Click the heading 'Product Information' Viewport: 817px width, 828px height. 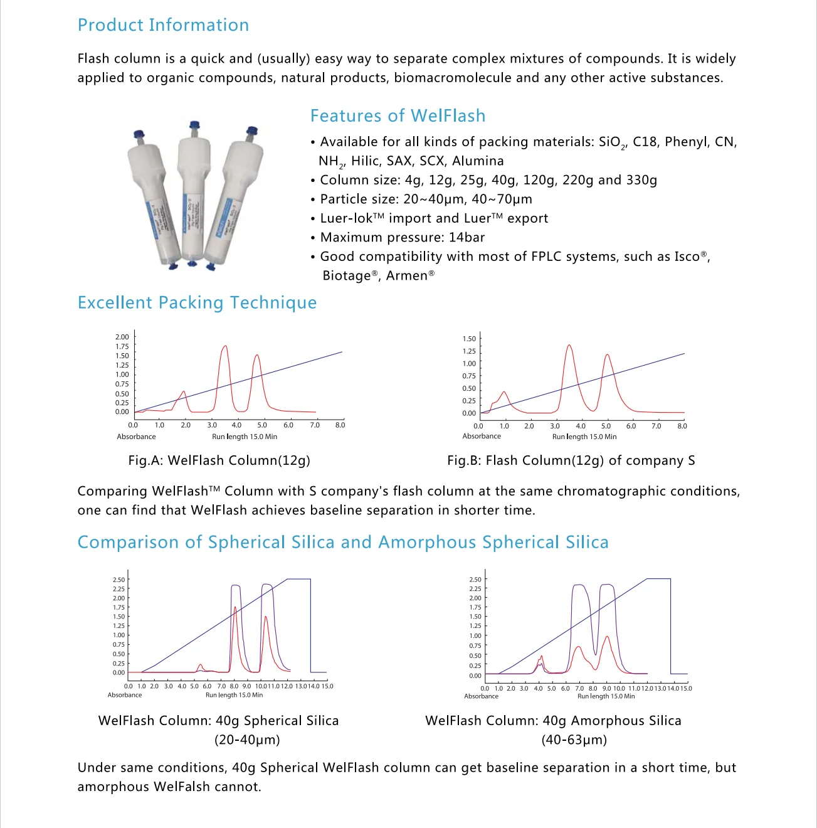(163, 25)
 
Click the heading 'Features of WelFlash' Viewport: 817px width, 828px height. (398, 116)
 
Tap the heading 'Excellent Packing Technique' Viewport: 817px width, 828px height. (197, 303)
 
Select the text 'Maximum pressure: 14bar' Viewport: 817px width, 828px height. (402, 238)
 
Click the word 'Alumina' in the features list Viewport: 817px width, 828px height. (478, 161)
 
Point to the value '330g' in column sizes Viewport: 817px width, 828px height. (641, 181)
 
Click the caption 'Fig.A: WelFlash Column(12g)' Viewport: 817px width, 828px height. (219, 460)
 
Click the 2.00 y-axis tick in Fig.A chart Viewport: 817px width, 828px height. (122, 337)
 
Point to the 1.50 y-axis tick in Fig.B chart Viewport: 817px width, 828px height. (469, 339)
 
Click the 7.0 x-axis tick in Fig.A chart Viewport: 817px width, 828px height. (315, 425)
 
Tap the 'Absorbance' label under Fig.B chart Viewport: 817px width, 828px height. (482, 437)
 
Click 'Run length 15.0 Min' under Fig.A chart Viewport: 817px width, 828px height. (245, 437)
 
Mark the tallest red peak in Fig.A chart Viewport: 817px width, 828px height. (224, 347)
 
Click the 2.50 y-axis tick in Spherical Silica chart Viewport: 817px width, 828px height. (119, 580)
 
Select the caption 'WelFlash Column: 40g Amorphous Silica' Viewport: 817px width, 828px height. (553, 721)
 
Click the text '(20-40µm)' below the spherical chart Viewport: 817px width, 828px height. (247, 740)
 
